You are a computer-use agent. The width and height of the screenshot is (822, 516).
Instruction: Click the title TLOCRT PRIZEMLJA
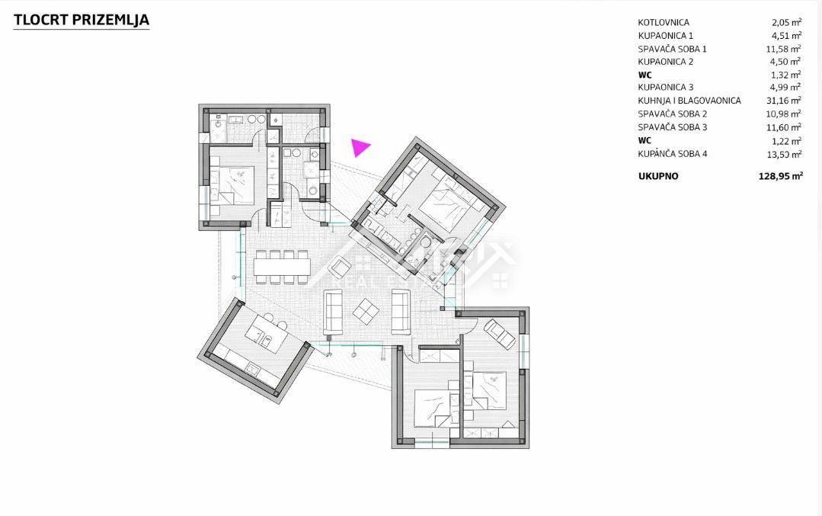point(82,20)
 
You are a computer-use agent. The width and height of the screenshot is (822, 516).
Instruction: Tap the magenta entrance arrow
point(360,147)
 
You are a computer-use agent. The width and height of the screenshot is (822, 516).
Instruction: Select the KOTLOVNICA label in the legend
point(663,23)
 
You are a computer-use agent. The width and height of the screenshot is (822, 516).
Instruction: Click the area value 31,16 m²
point(784,100)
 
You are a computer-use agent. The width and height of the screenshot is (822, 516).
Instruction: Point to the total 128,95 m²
point(781,176)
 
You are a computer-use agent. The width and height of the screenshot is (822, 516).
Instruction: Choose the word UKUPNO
point(658,176)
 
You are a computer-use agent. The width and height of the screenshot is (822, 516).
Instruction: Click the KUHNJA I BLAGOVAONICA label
point(689,100)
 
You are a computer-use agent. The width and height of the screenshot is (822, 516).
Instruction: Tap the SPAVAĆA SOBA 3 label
point(672,127)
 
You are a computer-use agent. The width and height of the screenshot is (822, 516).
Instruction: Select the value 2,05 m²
point(786,23)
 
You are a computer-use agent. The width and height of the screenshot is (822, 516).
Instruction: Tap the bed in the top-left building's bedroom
point(232,185)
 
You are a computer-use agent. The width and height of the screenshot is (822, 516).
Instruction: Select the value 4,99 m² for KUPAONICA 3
point(785,87)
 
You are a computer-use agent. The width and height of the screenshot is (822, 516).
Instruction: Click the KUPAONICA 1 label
point(665,36)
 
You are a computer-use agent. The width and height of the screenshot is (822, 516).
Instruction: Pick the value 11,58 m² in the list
point(784,49)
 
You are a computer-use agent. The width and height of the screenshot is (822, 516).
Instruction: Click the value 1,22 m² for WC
point(786,140)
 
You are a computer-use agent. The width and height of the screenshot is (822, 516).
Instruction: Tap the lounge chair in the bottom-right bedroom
point(500,334)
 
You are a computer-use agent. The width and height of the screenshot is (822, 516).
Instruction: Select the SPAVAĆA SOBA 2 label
point(672,114)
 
